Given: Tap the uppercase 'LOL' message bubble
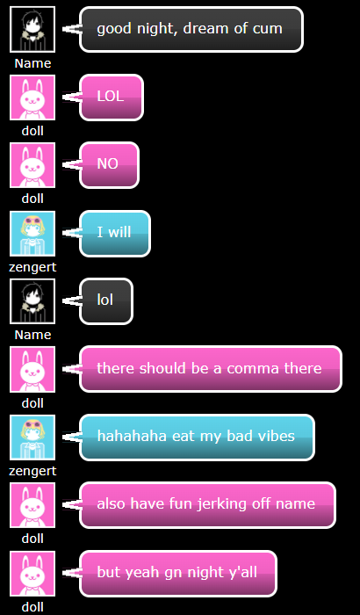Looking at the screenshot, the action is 112,98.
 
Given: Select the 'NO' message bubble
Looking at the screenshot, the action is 109,165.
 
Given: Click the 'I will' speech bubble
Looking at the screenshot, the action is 115,234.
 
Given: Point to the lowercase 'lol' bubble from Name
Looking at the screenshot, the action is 106,301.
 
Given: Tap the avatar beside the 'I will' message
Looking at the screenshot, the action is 32,234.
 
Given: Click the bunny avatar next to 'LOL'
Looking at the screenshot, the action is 32,98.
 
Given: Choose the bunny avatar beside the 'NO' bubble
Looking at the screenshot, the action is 32,165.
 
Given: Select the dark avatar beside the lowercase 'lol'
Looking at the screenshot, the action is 32,301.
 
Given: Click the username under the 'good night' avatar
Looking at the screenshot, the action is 32,63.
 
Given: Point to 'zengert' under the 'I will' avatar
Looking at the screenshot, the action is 32,267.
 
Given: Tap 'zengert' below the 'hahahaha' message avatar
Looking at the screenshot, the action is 32,471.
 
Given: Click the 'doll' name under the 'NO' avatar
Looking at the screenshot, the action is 32,199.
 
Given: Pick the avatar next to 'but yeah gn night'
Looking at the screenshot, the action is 32,574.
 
